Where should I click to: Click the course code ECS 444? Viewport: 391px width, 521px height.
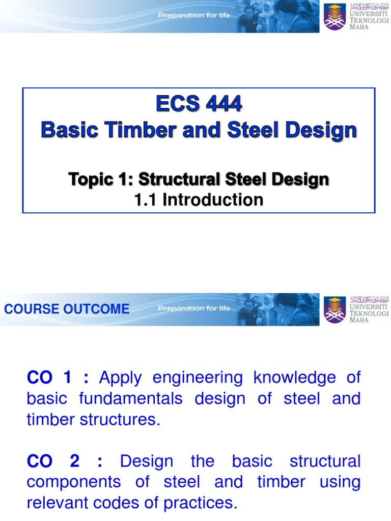(x=199, y=105)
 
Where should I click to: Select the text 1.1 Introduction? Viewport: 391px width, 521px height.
(x=199, y=200)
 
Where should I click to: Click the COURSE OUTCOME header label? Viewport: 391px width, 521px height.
(x=67, y=309)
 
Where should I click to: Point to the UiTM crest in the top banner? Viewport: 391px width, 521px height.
(x=335, y=17)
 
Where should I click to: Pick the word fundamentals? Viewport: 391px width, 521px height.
(x=131, y=398)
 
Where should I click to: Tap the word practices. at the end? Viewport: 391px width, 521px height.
(x=203, y=503)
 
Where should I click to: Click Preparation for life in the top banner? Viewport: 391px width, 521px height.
(x=194, y=15)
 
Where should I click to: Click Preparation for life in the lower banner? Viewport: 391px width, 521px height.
(x=194, y=308)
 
